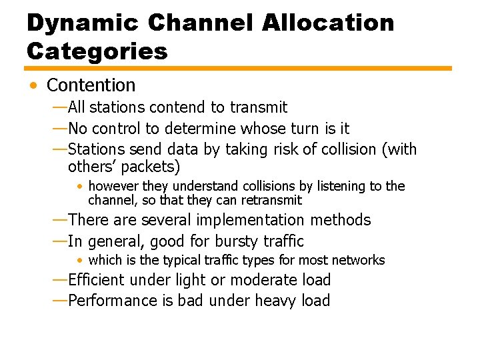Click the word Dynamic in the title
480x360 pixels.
(x=82, y=23)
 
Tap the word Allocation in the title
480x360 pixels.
(x=328, y=23)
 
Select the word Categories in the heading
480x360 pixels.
(x=97, y=51)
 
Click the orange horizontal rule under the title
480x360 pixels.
(x=238, y=68)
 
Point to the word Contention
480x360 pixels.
(x=91, y=85)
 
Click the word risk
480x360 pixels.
(x=288, y=149)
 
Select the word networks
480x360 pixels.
(x=359, y=260)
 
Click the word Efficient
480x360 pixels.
(x=99, y=280)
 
